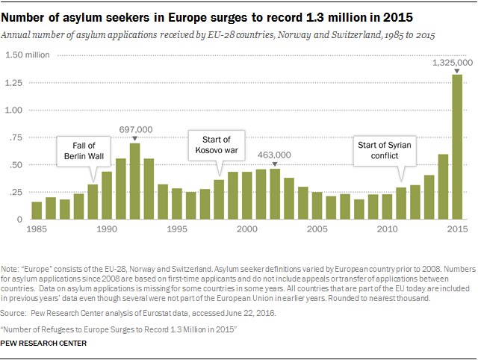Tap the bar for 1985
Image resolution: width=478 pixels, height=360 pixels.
pyautogui.click(x=36, y=211)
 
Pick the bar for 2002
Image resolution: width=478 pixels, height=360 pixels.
pyautogui.click(x=275, y=194)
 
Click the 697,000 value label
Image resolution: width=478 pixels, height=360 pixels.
pyautogui.click(x=135, y=129)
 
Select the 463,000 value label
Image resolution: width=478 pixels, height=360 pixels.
pyautogui.click(x=275, y=155)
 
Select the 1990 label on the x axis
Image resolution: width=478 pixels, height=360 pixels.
pyautogui.click(x=106, y=228)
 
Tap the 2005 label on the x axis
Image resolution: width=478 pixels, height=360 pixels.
pyautogui.click(x=317, y=228)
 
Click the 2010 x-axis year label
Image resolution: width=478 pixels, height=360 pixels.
pyautogui.click(x=387, y=228)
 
